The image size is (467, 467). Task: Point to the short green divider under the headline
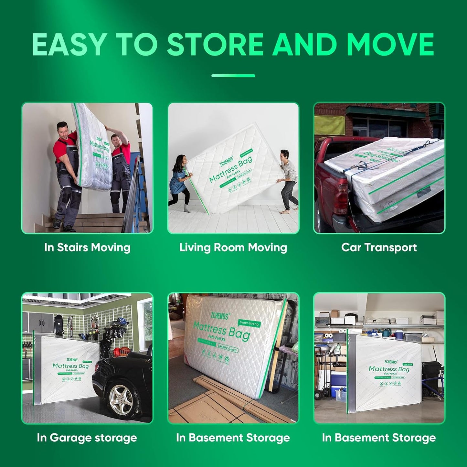pyautogui.click(x=233, y=76)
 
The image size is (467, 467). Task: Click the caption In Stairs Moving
pyautogui.click(x=87, y=248)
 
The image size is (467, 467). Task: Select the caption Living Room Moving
pyautogui.click(x=233, y=248)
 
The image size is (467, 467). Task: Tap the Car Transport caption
pyautogui.click(x=379, y=248)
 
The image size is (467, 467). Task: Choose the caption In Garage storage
pyautogui.click(x=87, y=438)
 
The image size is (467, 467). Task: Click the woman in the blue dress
pyautogui.click(x=178, y=179)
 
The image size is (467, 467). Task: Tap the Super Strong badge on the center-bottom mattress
pyautogui.click(x=249, y=323)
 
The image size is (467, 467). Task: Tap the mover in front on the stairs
pyautogui.click(x=66, y=175)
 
